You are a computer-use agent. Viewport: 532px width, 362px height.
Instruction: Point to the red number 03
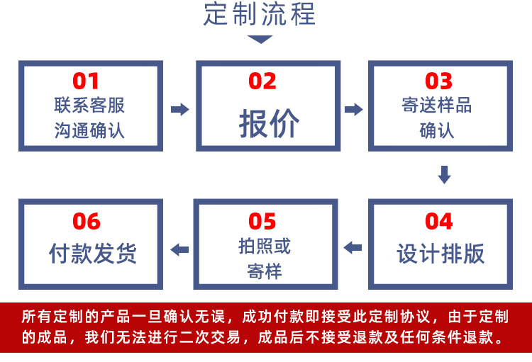click(x=438, y=81)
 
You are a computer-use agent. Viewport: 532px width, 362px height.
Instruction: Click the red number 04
click(x=438, y=221)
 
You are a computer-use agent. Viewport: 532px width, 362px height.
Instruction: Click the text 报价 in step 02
click(x=269, y=124)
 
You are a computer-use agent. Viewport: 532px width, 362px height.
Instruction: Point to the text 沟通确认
click(x=89, y=131)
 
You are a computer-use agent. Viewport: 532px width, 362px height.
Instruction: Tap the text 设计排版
click(x=440, y=254)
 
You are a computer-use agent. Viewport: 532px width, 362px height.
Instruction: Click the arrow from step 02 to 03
click(x=353, y=109)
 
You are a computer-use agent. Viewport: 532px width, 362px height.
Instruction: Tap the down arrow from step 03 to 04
click(x=444, y=174)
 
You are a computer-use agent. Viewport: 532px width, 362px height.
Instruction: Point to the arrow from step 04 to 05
click(x=353, y=248)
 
